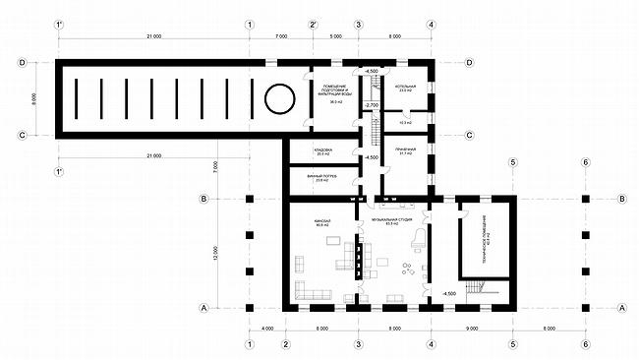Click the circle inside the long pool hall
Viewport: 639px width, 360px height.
pos(277,99)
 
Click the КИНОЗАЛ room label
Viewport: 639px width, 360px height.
pos(323,221)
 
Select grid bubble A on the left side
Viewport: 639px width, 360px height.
pos(203,308)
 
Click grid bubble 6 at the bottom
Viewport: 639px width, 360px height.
pos(585,344)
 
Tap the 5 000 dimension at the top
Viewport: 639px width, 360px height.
pos(335,37)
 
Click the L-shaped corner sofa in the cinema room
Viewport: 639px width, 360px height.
pos(308,291)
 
